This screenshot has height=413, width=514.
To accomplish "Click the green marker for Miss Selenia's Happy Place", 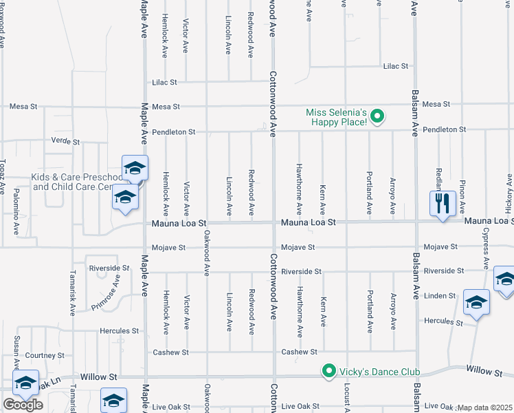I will [377, 117].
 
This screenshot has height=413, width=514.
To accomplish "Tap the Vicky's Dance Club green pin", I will [329, 372].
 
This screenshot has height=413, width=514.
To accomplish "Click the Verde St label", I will [66, 141].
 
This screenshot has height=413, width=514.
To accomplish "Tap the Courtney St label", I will [45, 356].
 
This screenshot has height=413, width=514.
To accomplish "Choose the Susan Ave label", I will [15, 351].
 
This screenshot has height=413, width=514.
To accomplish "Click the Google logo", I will [23, 405].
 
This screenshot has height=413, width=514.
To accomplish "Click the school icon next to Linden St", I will [476, 303].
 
